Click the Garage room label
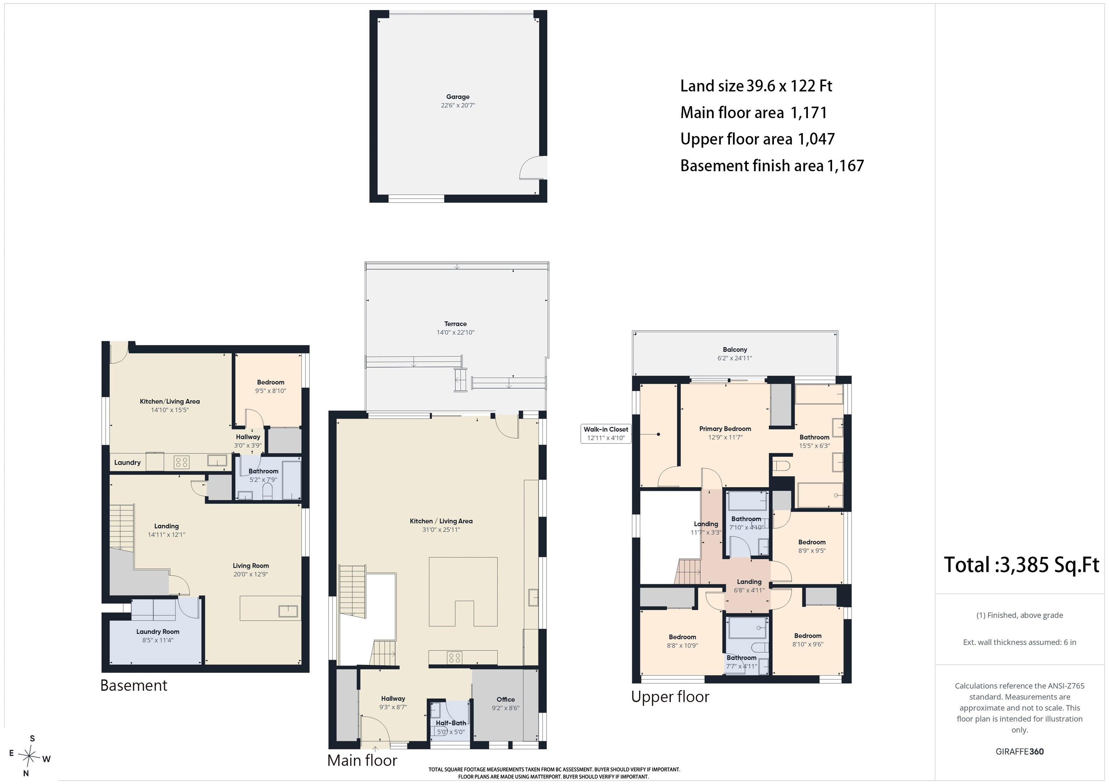point(457,97)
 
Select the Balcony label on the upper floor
point(735,350)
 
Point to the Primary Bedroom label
point(725,429)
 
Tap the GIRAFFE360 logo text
point(1019,752)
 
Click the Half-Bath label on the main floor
point(451,723)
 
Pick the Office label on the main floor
point(506,700)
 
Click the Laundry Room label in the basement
point(157,631)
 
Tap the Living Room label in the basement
point(251,566)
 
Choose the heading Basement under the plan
point(134,686)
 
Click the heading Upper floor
point(670,697)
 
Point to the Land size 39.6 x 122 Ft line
point(756,86)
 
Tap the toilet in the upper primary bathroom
point(781,466)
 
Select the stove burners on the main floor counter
point(455,657)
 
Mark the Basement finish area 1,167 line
point(772,166)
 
